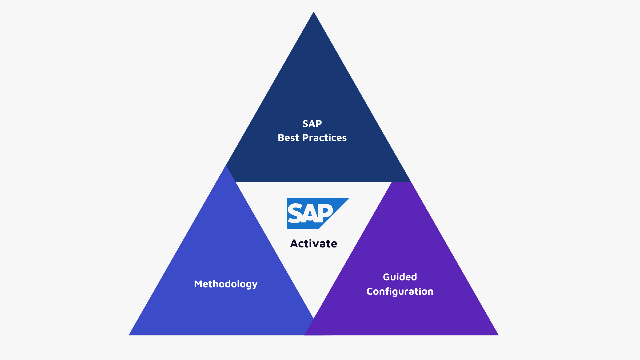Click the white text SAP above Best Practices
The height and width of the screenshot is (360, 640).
coord(312,124)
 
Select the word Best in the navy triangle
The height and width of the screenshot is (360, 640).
coord(288,138)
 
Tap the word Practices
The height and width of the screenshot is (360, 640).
coord(324,138)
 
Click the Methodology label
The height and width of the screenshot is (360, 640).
coord(226,284)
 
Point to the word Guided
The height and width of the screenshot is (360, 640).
coord(400,277)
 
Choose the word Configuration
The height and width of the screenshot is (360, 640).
coord(400,291)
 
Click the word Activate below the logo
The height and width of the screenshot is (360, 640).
coord(313,244)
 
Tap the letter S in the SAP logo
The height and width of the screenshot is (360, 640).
coord(295,213)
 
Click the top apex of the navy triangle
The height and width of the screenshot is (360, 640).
coord(313,13)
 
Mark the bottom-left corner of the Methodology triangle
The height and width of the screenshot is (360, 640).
coord(130,335)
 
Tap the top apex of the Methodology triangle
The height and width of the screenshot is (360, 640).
coord(226,166)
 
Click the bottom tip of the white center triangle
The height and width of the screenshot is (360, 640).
coord(314,317)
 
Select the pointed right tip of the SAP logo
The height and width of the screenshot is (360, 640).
coord(348,198)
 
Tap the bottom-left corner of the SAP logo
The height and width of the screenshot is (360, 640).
coord(288,228)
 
